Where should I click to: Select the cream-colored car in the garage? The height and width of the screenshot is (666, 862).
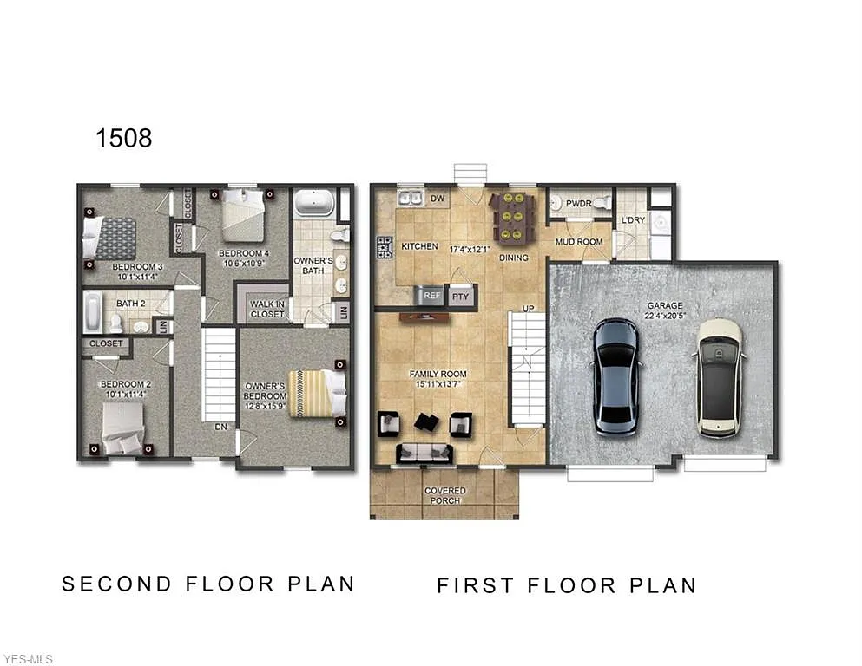pyautogui.click(x=721, y=377)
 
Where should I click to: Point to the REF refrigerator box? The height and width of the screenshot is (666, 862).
pyautogui.click(x=431, y=296)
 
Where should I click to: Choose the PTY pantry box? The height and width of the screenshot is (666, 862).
pyautogui.click(x=460, y=296)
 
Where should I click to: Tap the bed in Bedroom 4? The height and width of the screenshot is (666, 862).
pyautogui.click(x=243, y=216)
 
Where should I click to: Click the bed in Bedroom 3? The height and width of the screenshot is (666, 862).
pyautogui.click(x=110, y=237)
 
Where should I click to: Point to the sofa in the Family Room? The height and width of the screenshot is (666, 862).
pyautogui.click(x=424, y=453)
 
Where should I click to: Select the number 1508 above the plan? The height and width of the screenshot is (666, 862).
pyautogui.click(x=123, y=138)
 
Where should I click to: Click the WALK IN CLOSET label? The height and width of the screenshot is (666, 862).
pyautogui.click(x=266, y=309)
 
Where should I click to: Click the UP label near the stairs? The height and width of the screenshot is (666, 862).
pyautogui.click(x=527, y=308)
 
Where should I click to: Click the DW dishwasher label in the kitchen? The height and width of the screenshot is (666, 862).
pyautogui.click(x=438, y=199)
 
